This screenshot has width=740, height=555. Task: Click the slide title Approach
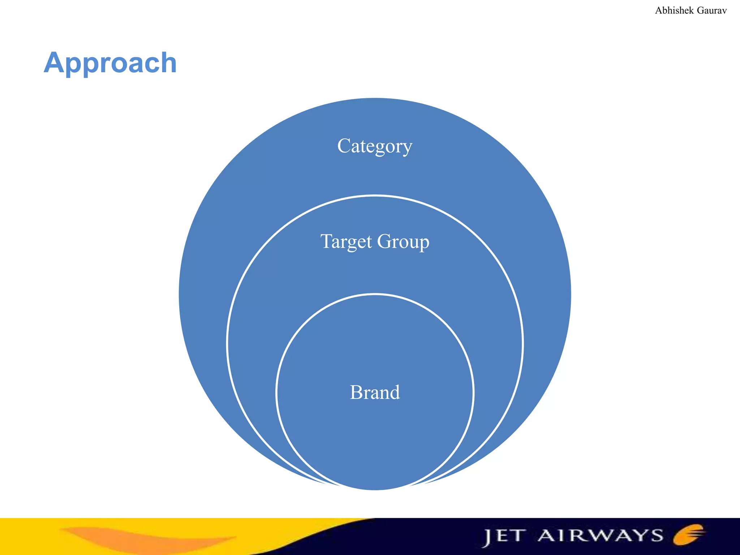point(110,63)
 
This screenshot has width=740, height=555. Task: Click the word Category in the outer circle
point(375,146)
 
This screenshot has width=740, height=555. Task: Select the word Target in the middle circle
point(346,241)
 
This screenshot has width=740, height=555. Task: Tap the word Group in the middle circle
point(403,241)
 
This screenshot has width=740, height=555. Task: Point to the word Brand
point(375,392)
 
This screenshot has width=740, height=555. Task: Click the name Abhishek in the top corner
point(674,10)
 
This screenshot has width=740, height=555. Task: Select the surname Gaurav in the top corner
point(711,10)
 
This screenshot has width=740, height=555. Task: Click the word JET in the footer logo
point(504,537)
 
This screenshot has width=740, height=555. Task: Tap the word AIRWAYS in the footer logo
point(600,535)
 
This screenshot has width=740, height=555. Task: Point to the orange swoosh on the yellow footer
point(145,538)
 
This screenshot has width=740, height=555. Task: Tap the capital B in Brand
point(356,392)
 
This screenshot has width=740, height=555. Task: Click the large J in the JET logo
point(487,538)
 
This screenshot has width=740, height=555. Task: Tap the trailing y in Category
point(408,148)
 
